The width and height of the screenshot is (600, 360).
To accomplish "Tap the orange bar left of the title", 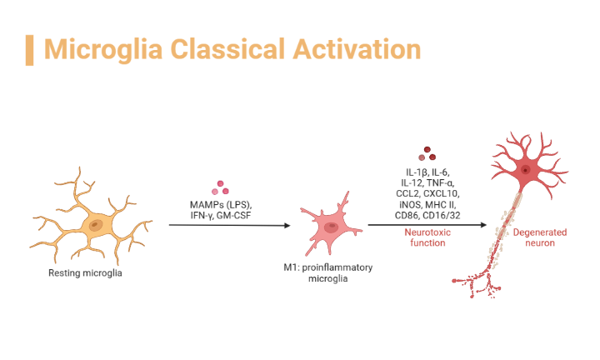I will point(30,49).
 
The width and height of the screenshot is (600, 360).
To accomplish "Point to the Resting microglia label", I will point(85,272).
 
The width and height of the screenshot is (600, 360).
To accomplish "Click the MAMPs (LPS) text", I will point(221,204).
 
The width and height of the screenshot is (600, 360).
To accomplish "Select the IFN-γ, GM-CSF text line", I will point(221,216).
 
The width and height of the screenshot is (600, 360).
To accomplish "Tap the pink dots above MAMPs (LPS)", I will point(221,187).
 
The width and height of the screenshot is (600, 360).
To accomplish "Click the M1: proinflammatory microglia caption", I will point(332,272).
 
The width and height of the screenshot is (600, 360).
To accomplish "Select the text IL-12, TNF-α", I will point(427,181).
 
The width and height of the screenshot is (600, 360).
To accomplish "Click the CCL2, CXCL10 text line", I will point(427,192).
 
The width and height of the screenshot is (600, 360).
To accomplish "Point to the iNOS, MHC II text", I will point(427,204).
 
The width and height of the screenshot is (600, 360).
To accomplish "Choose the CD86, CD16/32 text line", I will point(427,216).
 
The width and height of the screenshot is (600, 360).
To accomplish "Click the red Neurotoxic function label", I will point(427,237).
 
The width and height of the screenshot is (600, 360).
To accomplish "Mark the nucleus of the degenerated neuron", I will point(526,171).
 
